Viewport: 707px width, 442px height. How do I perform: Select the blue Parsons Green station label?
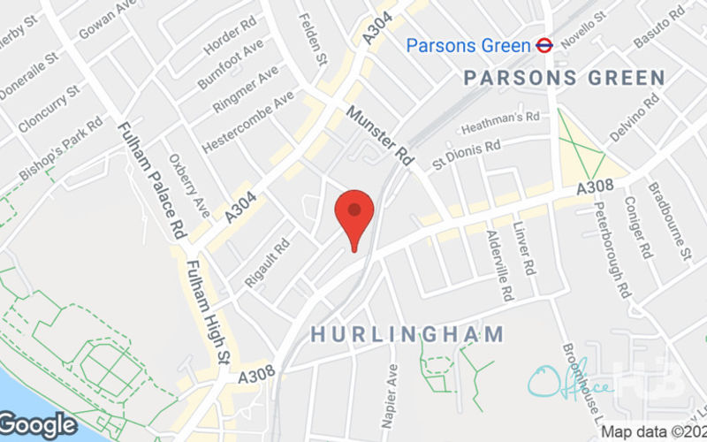click(x=468, y=44)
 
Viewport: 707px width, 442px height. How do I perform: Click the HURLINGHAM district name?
click(x=407, y=334)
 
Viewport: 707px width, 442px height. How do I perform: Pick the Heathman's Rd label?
click(x=499, y=122)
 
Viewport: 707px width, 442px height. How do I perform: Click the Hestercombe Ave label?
click(x=247, y=122)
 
